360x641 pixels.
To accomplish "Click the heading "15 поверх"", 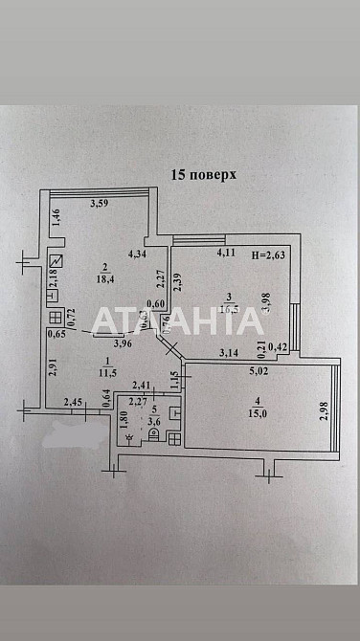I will pos(202,175).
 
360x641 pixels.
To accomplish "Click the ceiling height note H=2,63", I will pos(269,254).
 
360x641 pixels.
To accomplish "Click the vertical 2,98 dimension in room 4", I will pos(323,411).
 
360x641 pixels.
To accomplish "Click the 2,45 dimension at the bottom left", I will pos(74,403).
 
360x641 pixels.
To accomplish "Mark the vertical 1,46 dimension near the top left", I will pos(56,216).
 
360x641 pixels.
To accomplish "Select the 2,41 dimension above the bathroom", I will pos(142,386).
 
